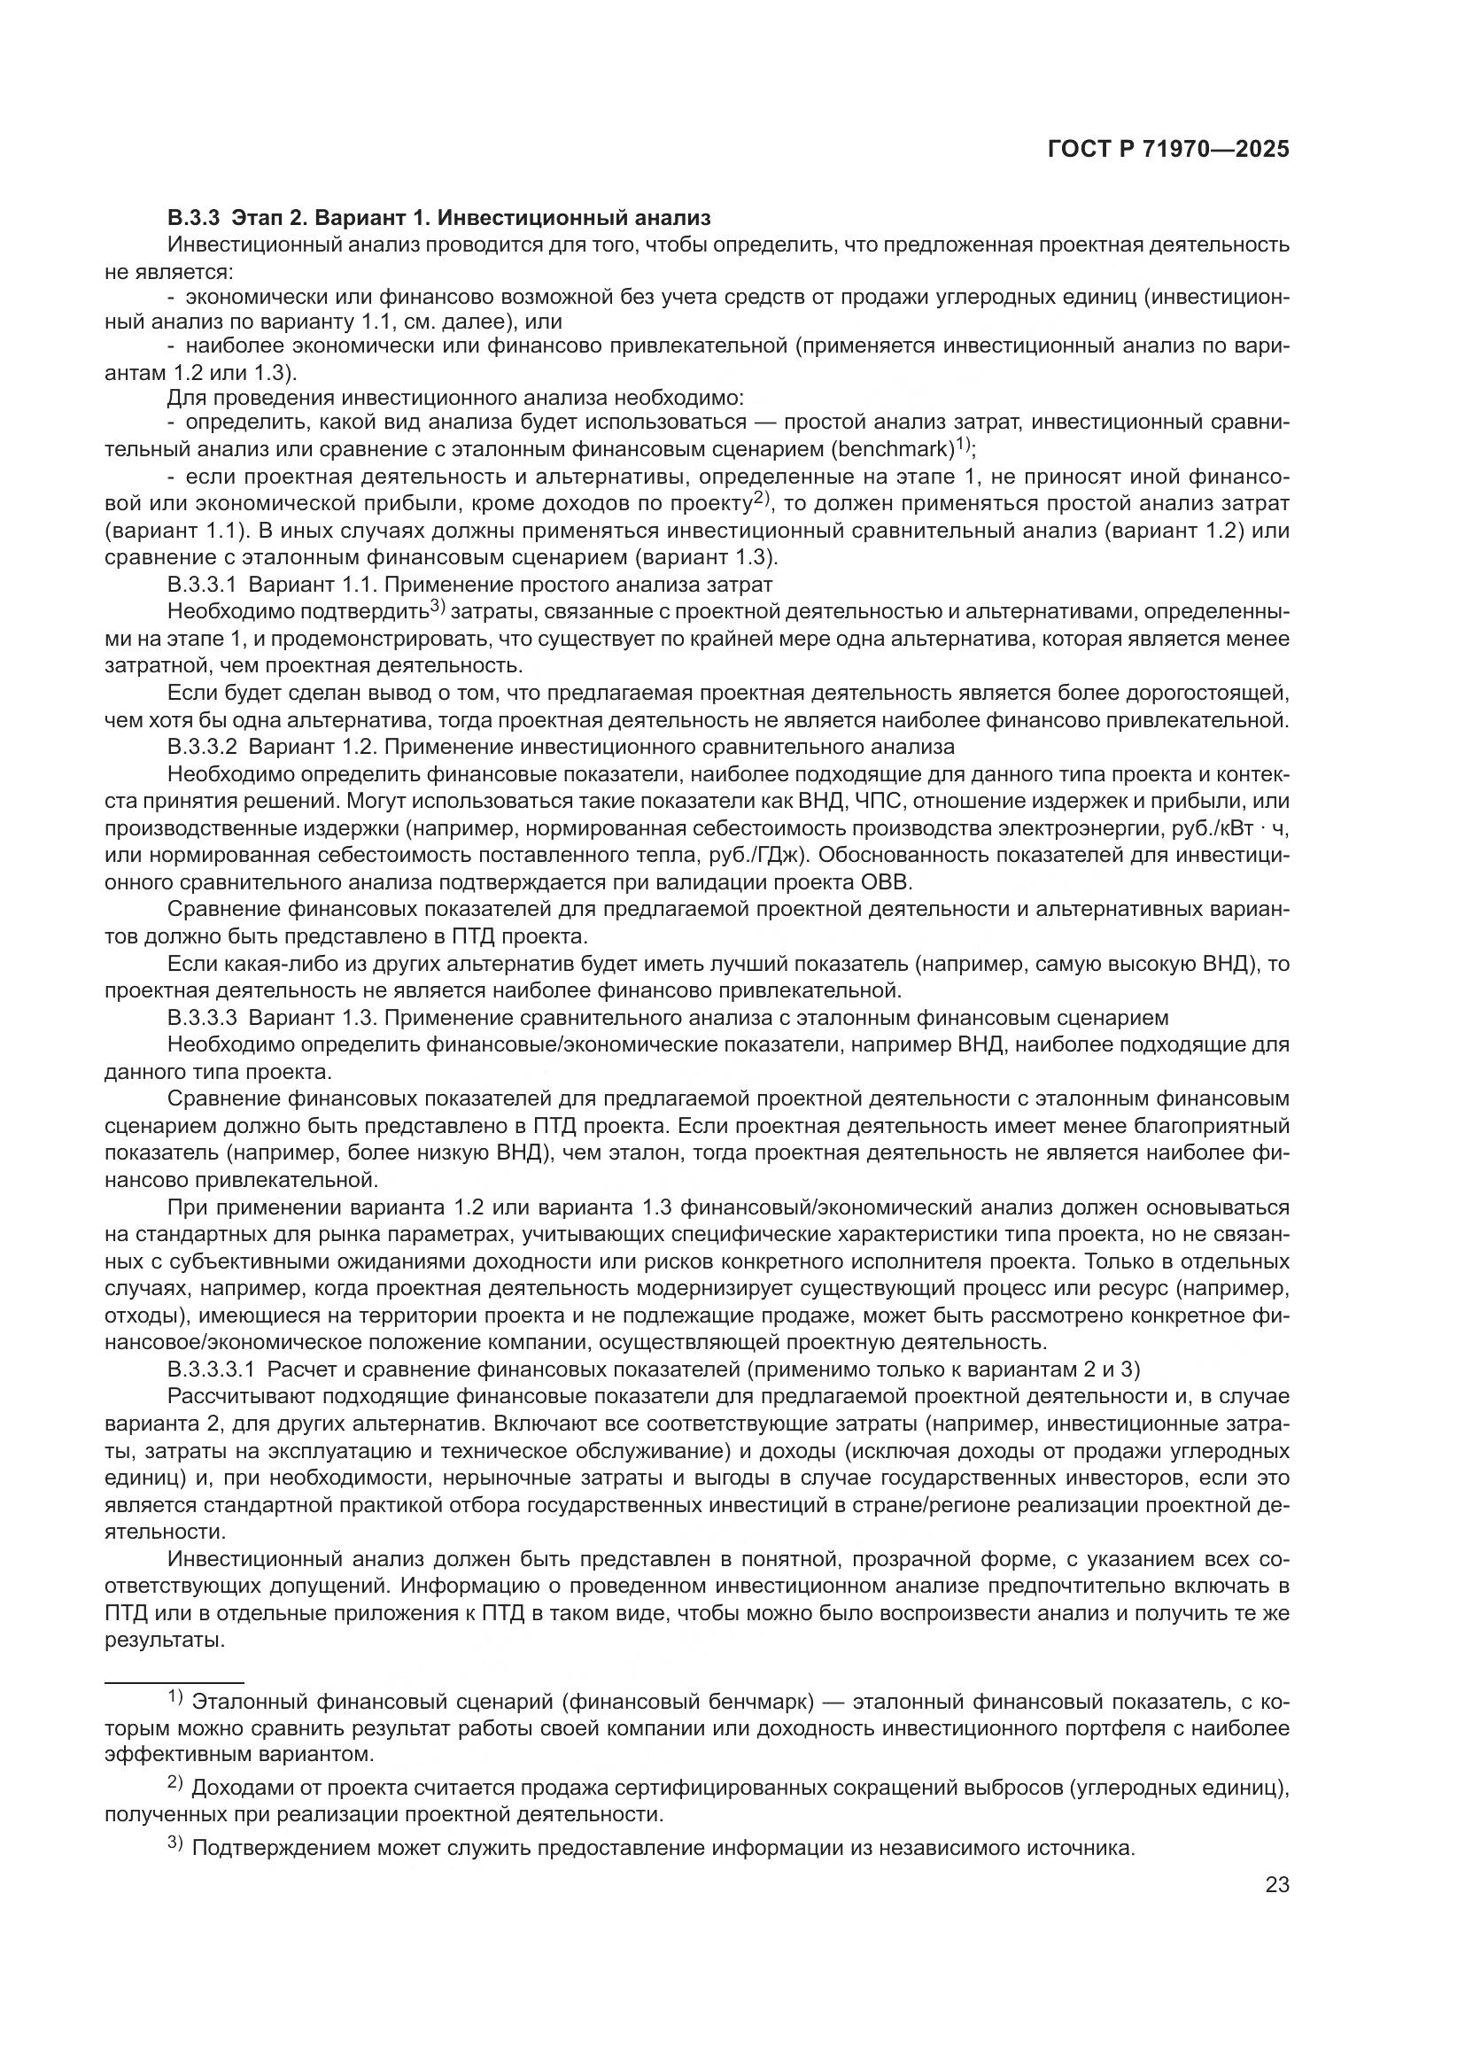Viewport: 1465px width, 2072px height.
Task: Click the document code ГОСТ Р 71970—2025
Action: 1168,149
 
